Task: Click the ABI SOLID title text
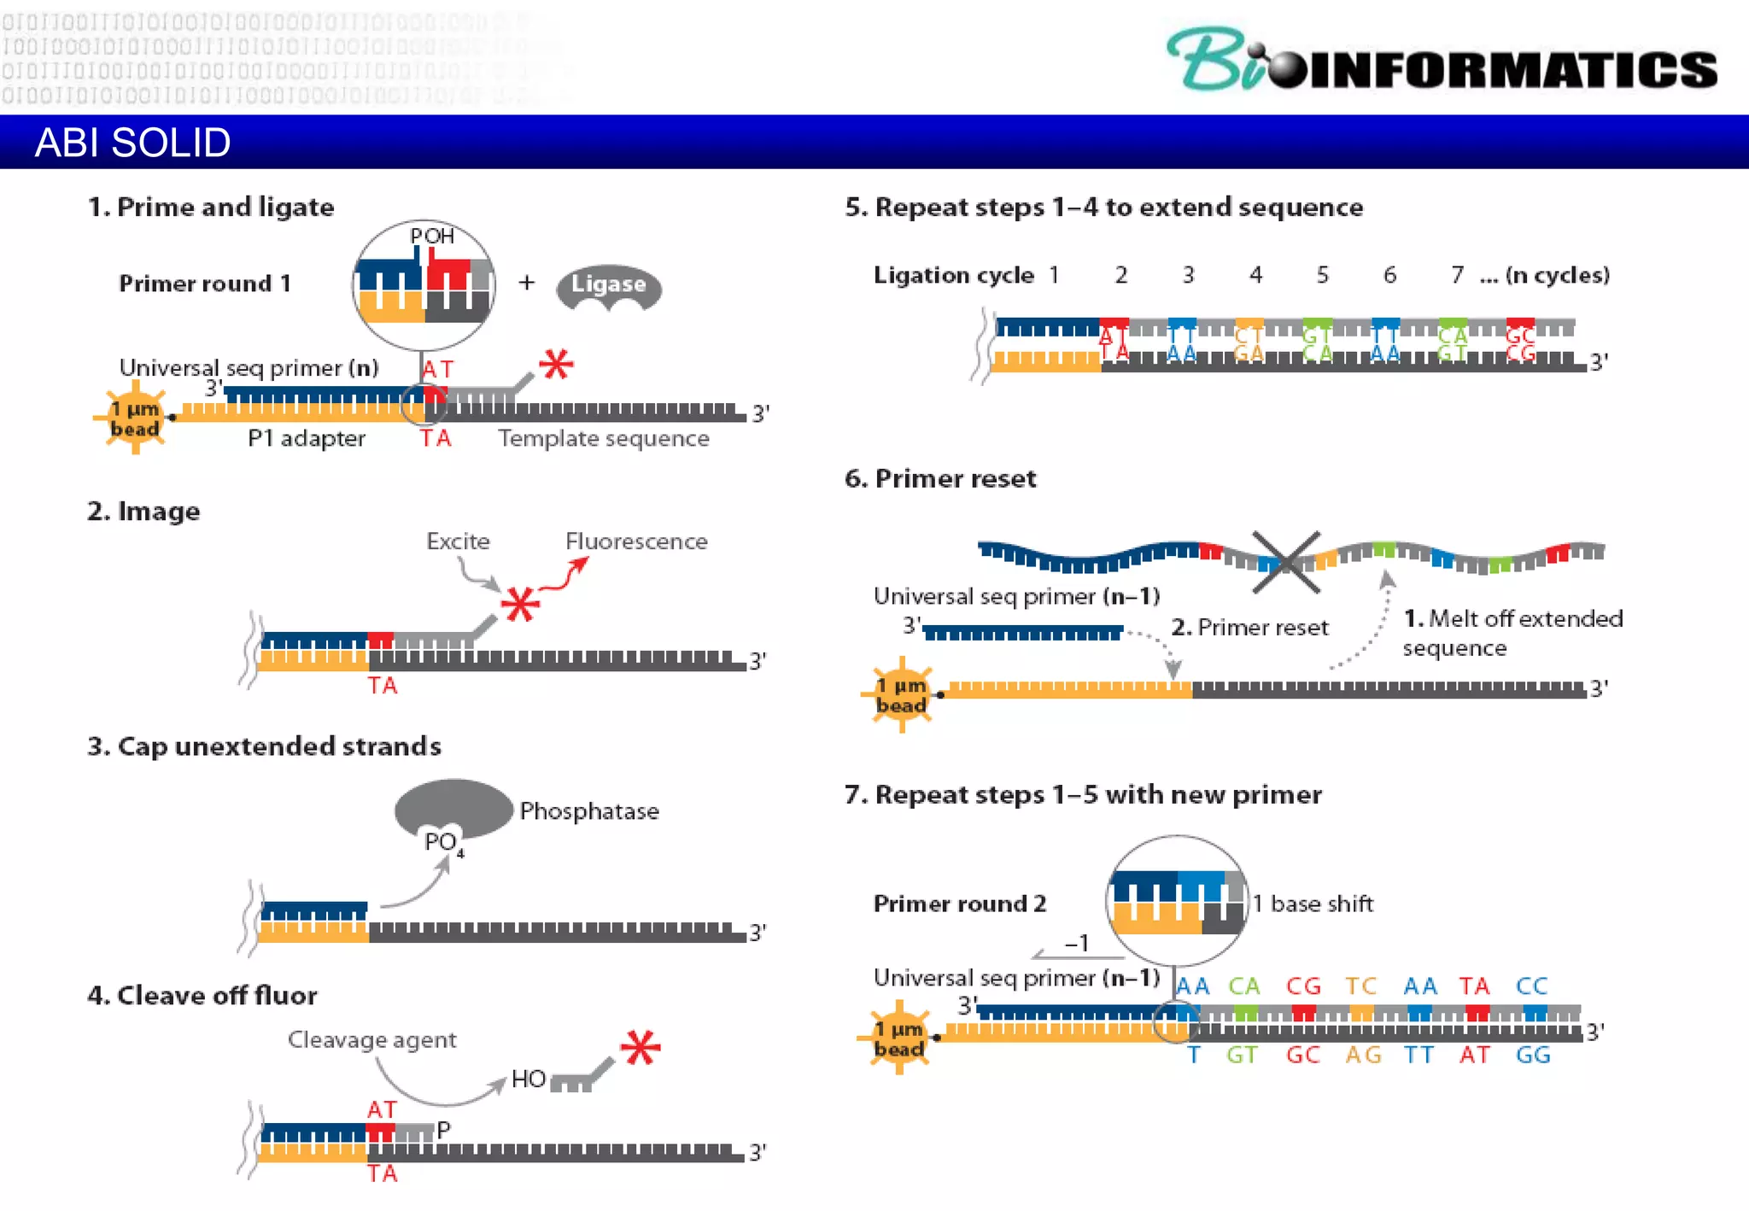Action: tap(132, 143)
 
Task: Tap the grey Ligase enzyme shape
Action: tap(608, 287)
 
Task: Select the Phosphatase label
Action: tap(589, 810)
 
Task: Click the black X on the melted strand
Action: tap(1285, 562)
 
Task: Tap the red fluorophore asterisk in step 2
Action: tap(520, 604)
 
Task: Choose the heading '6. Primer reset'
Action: tap(940, 478)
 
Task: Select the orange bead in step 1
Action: tap(135, 418)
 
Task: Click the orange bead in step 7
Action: tap(899, 1038)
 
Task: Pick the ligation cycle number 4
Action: tap(1255, 275)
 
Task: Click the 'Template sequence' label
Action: tap(604, 438)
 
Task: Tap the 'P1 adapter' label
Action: tap(306, 438)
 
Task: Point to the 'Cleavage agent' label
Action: tap(371, 1039)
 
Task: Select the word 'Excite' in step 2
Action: tap(458, 541)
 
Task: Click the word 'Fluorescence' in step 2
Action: tap(636, 541)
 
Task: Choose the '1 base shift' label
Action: tap(1313, 904)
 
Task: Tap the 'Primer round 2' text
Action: tap(959, 904)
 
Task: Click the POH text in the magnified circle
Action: tap(432, 237)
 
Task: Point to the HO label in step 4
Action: tap(528, 1079)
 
